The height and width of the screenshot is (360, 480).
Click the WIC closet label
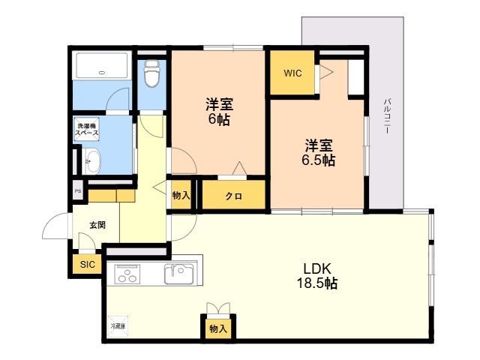[x=292, y=73]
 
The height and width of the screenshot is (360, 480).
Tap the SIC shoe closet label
[x=88, y=264]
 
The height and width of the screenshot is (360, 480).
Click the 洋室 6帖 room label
[x=218, y=112]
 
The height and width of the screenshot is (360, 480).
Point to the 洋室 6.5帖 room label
[x=319, y=152]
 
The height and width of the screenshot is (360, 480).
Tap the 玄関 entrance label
[x=97, y=225]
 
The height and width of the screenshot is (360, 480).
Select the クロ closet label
[x=232, y=196]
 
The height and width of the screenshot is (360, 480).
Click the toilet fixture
[x=151, y=73]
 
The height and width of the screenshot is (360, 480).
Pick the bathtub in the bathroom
[x=103, y=66]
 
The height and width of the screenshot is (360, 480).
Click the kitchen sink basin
[x=179, y=274]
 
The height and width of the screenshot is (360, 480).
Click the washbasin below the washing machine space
[x=91, y=160]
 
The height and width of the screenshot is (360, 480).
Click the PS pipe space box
[x=77, y=191]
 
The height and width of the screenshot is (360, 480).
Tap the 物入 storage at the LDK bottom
[x=218, y=328]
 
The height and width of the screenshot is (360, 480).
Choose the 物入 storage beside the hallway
[x=181, y=196]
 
